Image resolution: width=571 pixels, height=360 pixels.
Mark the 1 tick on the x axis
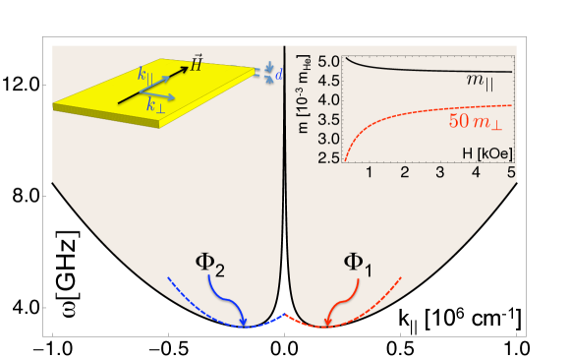point(369,173)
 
